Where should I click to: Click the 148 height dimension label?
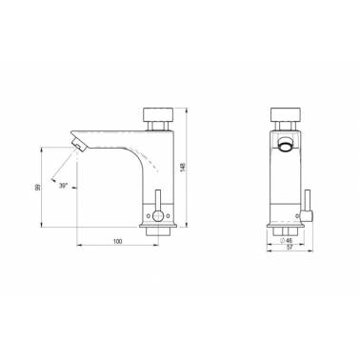tap(182, 167)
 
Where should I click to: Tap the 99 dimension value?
tap(37, 188)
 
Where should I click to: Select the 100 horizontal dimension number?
tap(117, 242)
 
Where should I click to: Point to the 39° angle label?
tap(64, 186)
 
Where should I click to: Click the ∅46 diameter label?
tap(287, 240)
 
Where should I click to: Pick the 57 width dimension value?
tap(290, 248)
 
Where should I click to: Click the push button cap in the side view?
tap(158, 114)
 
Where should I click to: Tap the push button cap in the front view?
tap(286, 114)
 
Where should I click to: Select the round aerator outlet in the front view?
tap(286, 145)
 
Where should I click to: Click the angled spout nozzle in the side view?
tap(79, 143)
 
